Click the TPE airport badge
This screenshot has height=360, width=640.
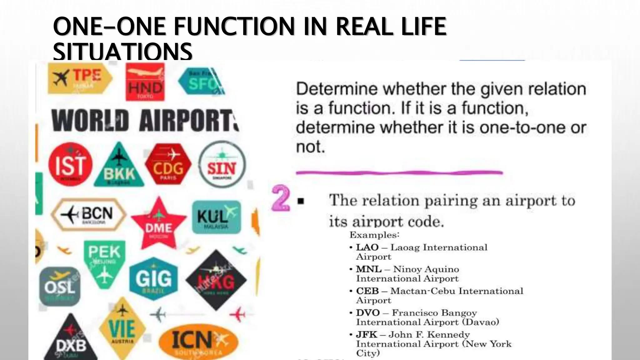coord(80,78)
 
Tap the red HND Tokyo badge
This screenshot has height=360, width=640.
coord(145,82)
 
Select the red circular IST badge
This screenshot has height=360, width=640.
coord(70,164)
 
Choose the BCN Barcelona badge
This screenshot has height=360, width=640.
coord(89,214)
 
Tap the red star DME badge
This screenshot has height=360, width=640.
coord(158,224)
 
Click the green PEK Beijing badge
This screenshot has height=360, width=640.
coord(104,259)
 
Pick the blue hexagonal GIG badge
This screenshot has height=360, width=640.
coord(153,278)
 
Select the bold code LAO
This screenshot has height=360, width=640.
coord(367,247)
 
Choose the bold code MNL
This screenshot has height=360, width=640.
coord(369,269)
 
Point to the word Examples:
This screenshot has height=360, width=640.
coord(374,235)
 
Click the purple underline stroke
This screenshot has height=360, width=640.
coord(399,172)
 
